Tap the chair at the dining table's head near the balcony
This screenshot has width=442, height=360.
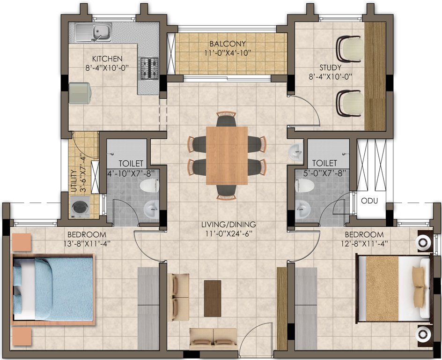227,119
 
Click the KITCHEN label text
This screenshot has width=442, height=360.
107,59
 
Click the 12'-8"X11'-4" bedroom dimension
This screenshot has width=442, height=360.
364,243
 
